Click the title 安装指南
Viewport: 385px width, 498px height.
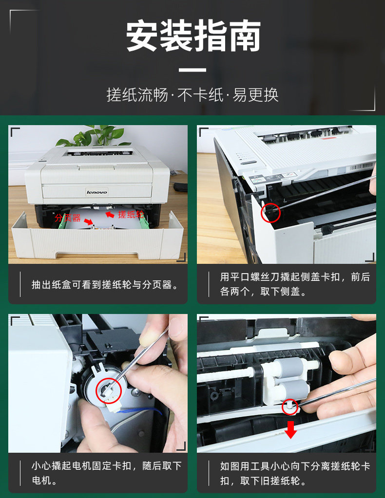(193, 36)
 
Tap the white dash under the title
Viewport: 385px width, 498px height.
(192, 70)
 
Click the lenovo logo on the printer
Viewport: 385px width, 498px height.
(97, 192)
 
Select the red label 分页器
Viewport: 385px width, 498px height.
(68, 218)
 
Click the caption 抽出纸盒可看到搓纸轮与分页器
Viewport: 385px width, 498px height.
(105, 285)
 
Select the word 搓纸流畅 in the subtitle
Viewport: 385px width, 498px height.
(137, 95)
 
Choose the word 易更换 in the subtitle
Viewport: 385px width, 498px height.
(256, 95)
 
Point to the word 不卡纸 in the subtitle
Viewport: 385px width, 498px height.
(201, 95)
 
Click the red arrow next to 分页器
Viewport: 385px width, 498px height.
(89, 221)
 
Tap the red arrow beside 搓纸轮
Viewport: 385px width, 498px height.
(110, 215)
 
